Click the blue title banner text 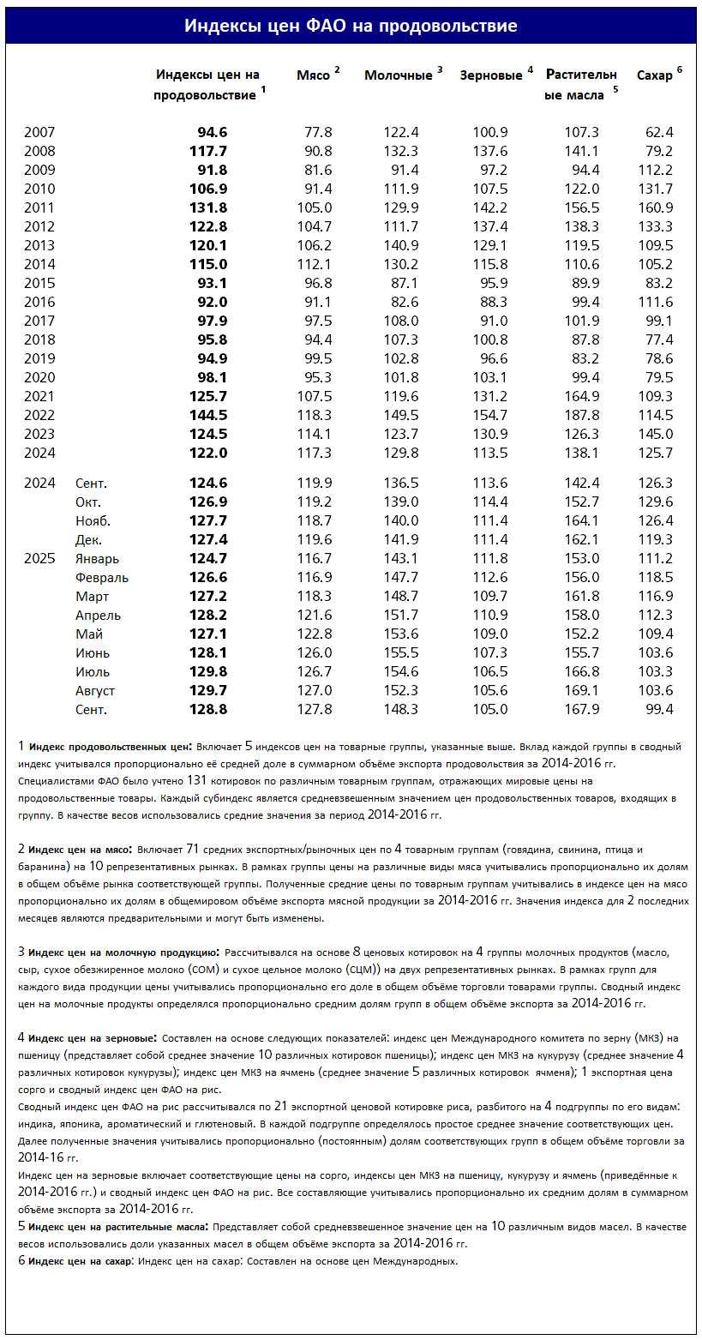point(351,27)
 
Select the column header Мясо point(313,75)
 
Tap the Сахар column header point(655,75)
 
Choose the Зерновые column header point(491,75)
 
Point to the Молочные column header point(399,75)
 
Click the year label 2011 point(39,207)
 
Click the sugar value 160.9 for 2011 point(656,207)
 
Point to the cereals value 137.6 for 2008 point(490,151)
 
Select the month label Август point(95,690)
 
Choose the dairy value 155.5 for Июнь point(401,652)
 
